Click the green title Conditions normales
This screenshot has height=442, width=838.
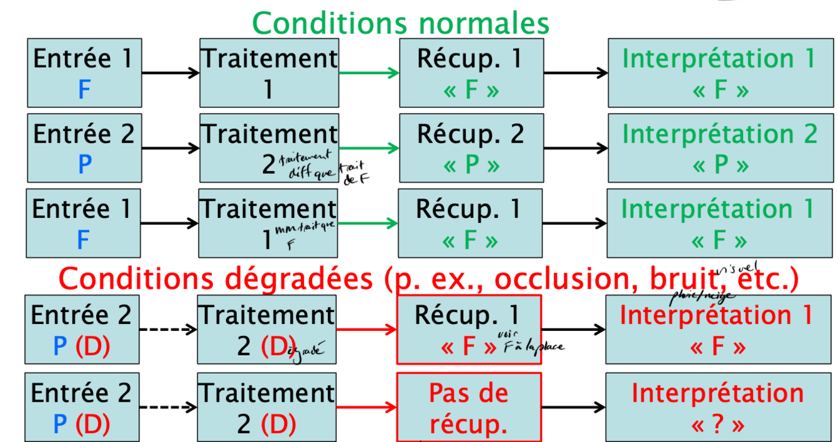coord(401,23)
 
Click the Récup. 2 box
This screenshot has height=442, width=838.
coord(471,148)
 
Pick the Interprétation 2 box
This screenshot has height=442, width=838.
coord(720,148)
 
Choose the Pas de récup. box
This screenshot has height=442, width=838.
coord(469,407)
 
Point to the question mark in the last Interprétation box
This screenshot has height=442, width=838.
coord(720,425)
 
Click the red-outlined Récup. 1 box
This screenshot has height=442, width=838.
coord(469,330)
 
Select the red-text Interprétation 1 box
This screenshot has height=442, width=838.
coord(716,330)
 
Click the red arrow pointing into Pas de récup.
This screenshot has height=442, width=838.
coord(367,407)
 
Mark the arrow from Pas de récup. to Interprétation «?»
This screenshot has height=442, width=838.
coord(573,407)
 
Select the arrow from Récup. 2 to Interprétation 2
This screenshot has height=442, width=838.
coord(575,148)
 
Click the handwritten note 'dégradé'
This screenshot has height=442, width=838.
coord(306,352)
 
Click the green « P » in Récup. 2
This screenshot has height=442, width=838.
coord(471,165)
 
